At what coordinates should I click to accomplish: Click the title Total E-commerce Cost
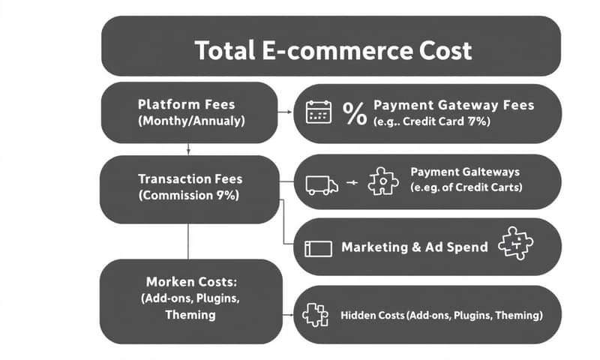333,51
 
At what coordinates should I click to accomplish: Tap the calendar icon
318,112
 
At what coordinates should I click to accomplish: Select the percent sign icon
354,112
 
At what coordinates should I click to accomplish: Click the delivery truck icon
322,184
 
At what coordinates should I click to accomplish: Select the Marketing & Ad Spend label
414,247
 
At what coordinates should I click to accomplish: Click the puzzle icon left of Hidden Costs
316,316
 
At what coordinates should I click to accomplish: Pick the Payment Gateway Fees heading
453,105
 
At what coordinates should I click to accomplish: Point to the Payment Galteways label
465,172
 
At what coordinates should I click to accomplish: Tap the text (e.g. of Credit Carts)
466,187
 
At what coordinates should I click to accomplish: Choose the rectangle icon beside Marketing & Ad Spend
318,248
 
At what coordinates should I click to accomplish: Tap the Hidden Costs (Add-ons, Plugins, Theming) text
441,316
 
